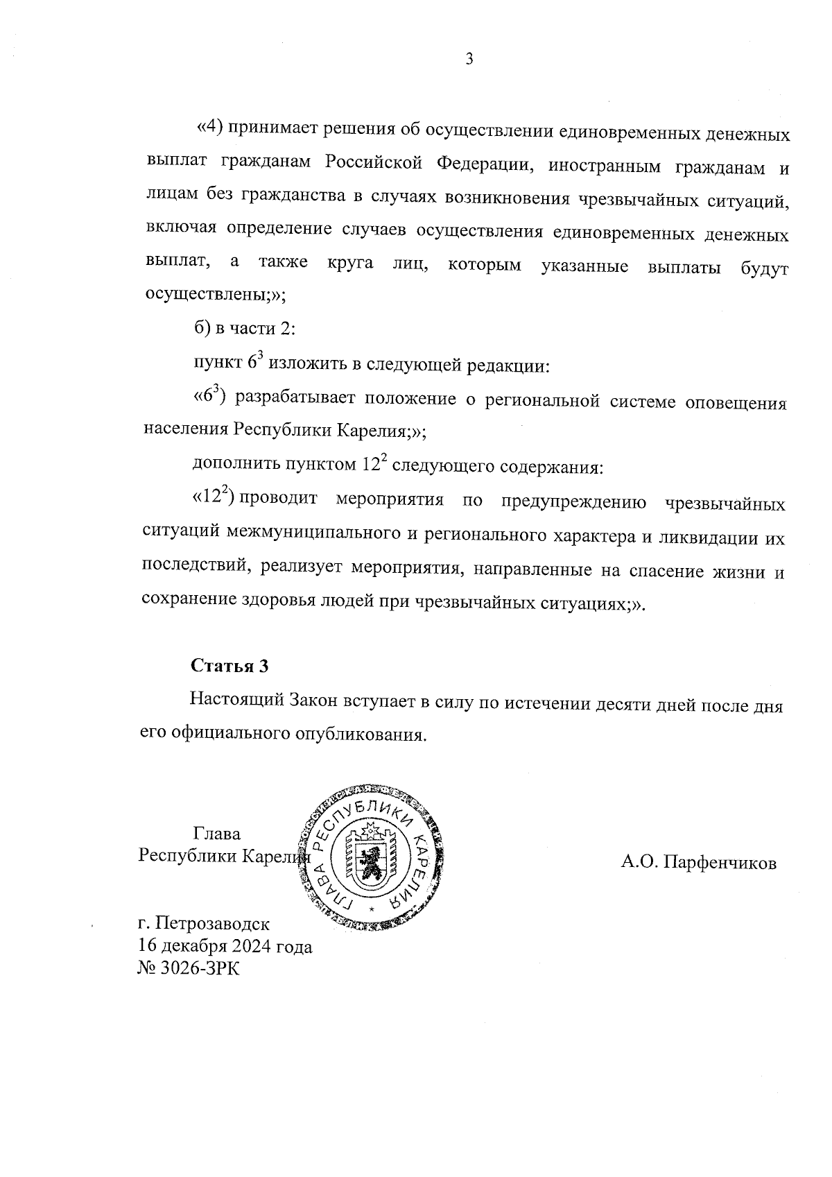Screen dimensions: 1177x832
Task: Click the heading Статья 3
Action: point(229,666)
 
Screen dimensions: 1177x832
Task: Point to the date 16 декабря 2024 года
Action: point(225,946)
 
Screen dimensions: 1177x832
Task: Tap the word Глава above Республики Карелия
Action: point(217,834)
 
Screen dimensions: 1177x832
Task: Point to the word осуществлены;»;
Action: point(215,294)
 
